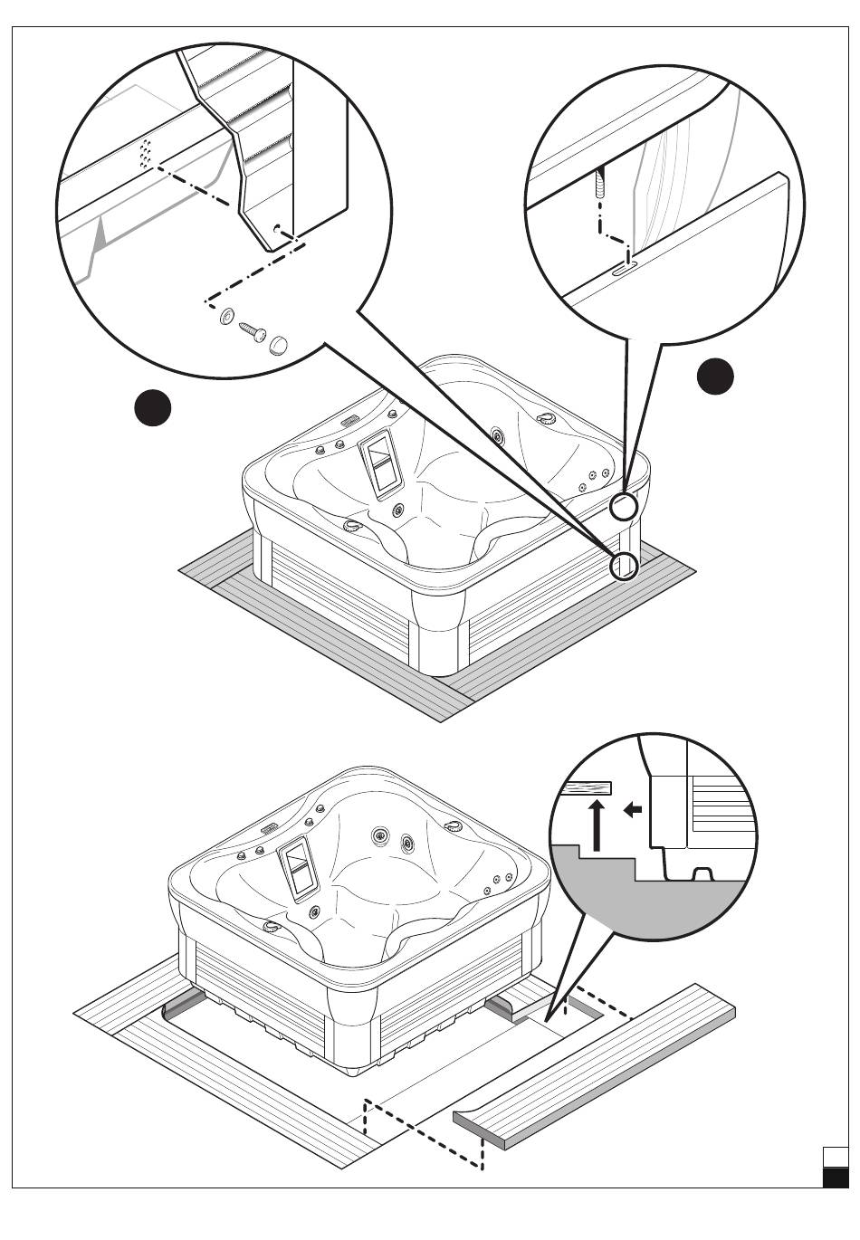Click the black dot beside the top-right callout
click(x=715, y=377)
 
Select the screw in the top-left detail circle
click(x=252, y=332)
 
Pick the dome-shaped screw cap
click(x=280, y=344)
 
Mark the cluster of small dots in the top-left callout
click(x=145, y=153)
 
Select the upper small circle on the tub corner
click(x=624, y=506)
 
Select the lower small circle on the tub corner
click(x=624, y=567)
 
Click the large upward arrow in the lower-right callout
click(x=596, y=823)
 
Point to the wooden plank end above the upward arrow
click(x=586, y=787)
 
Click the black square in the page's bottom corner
click(x=836, y=1178)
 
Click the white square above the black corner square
click(x=836, y=1158)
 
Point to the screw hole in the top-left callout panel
click(x=277, y=228)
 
